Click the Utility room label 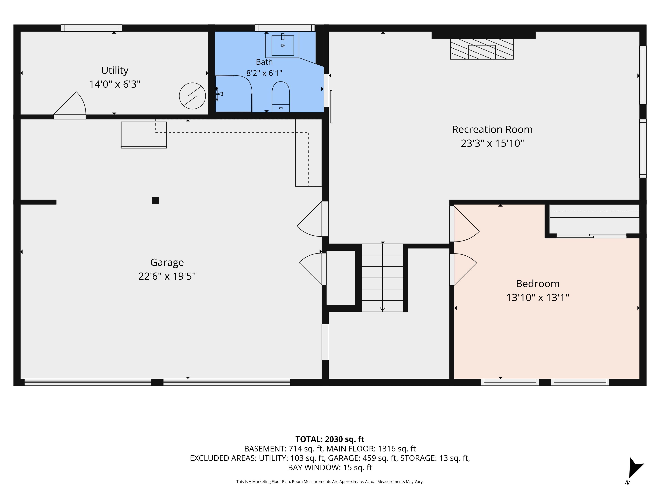(x=115, y=70)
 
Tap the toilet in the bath (x=281, y=97)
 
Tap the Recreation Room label (x=492, y=129)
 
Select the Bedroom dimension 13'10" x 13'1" (x=538, y=298)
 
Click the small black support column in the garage (x=155, y=200)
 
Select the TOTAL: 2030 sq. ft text (x=330, y=439)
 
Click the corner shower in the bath (x=234, y=94)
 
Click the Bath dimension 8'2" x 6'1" (x=264, y=73)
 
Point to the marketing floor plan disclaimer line (x=330, y=482)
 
